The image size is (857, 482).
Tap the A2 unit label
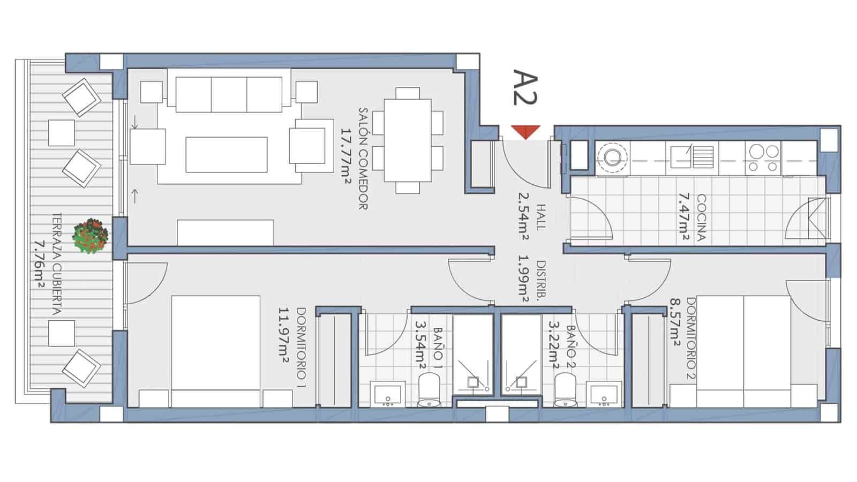525,86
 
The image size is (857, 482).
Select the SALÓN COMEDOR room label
363,158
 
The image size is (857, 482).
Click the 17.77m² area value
346,158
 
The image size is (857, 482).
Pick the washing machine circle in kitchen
613,156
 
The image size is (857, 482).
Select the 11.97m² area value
284,335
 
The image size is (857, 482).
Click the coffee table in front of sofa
227,154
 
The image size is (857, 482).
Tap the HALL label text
539,217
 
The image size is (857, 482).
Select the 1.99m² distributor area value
522,281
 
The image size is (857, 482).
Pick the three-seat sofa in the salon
229,94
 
